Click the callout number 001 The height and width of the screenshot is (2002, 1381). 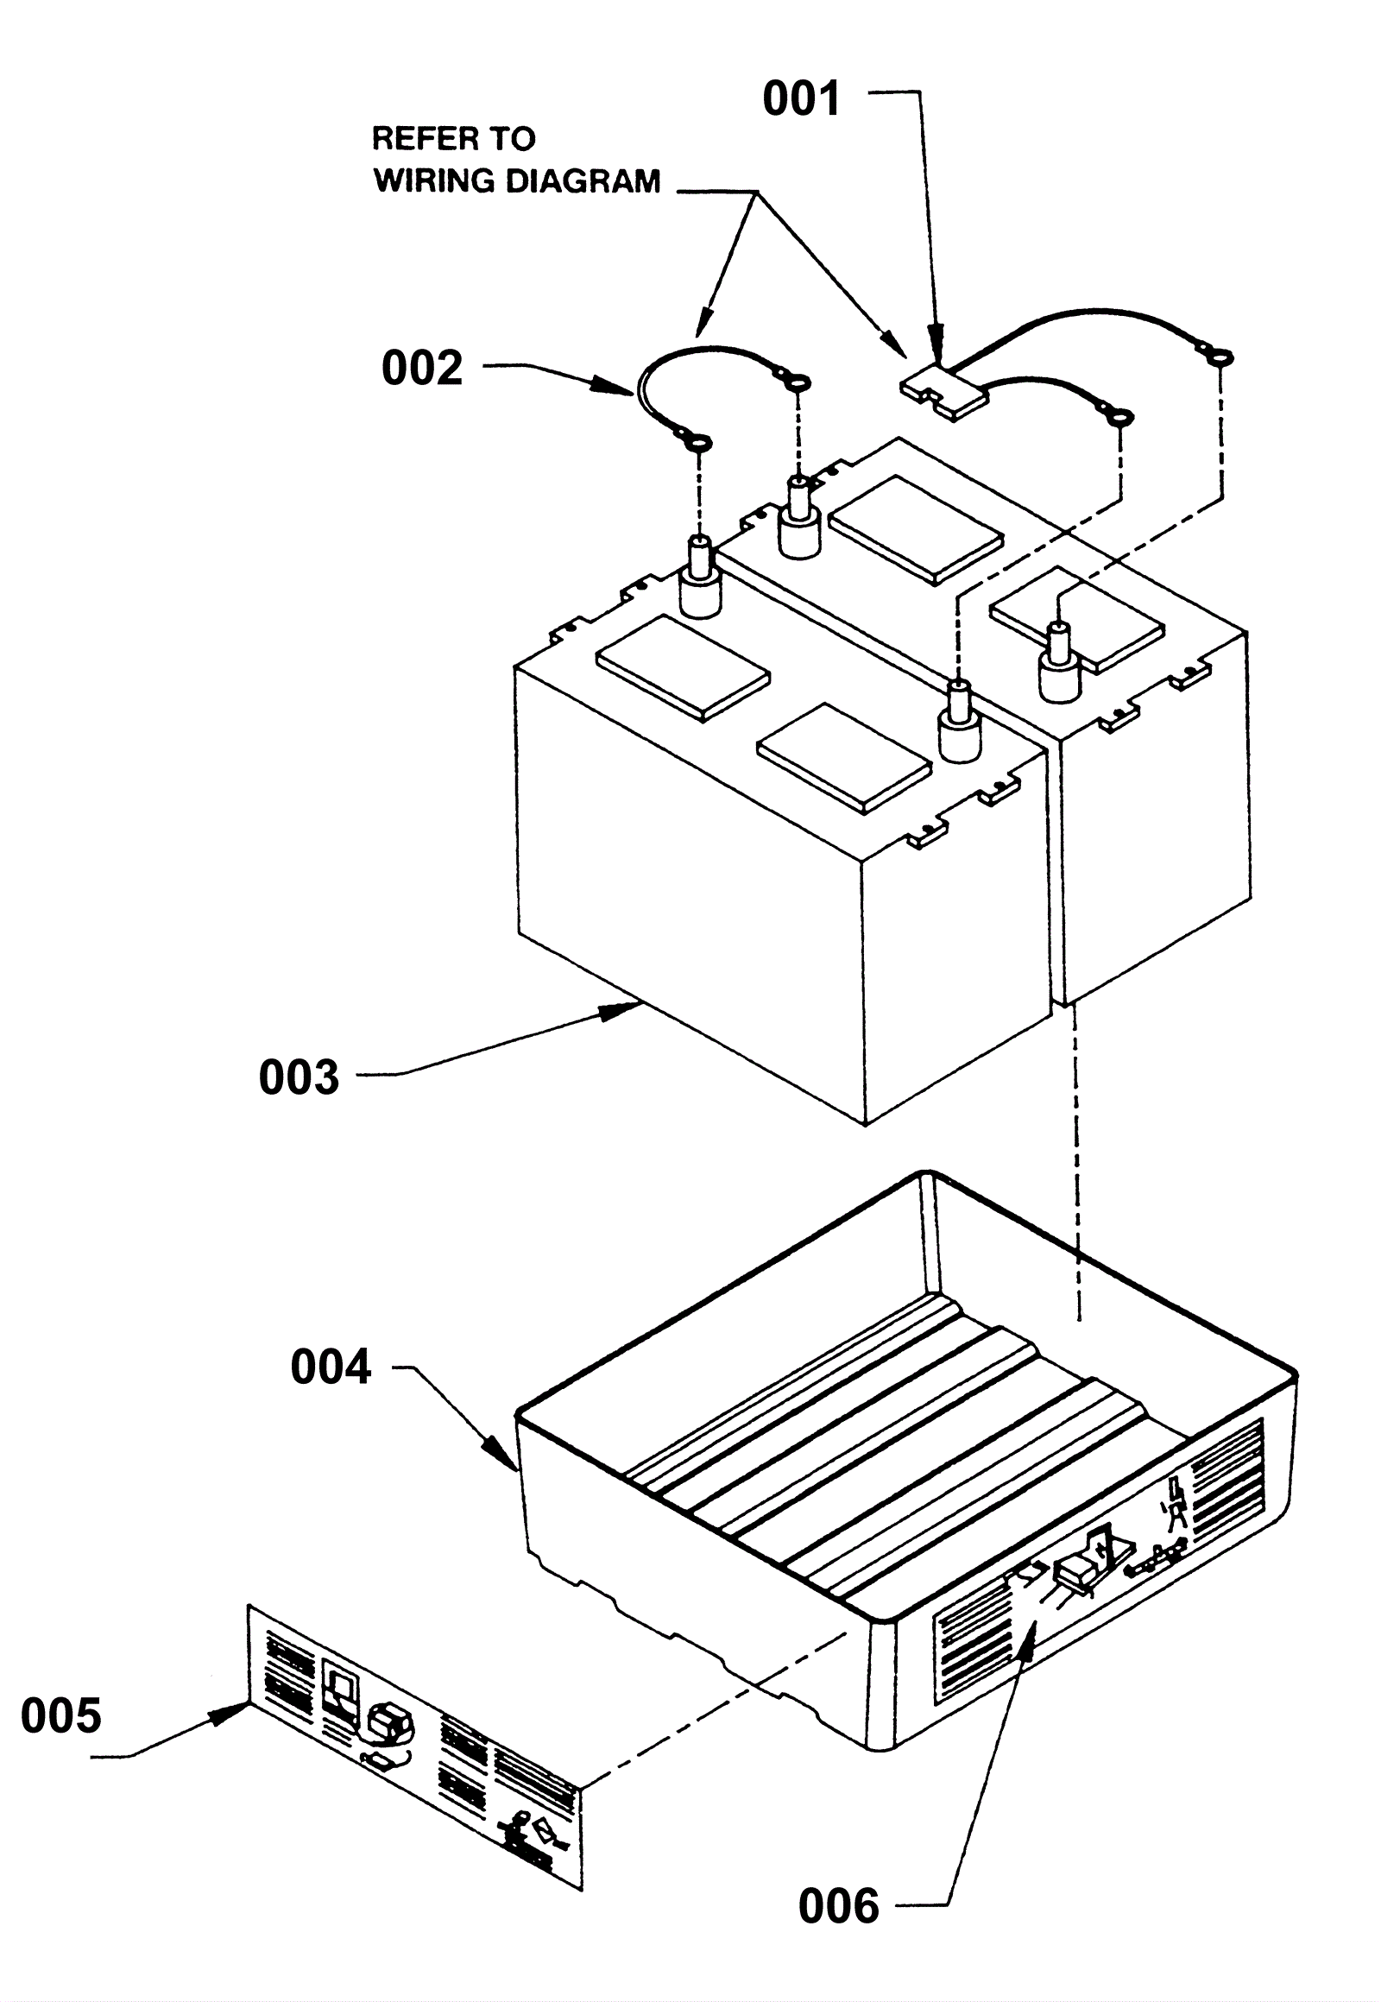801,98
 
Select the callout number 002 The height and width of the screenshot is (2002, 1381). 422,368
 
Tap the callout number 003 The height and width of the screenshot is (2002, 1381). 299,1077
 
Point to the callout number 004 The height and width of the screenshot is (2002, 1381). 331,1367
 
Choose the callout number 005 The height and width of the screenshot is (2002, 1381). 60,1715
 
